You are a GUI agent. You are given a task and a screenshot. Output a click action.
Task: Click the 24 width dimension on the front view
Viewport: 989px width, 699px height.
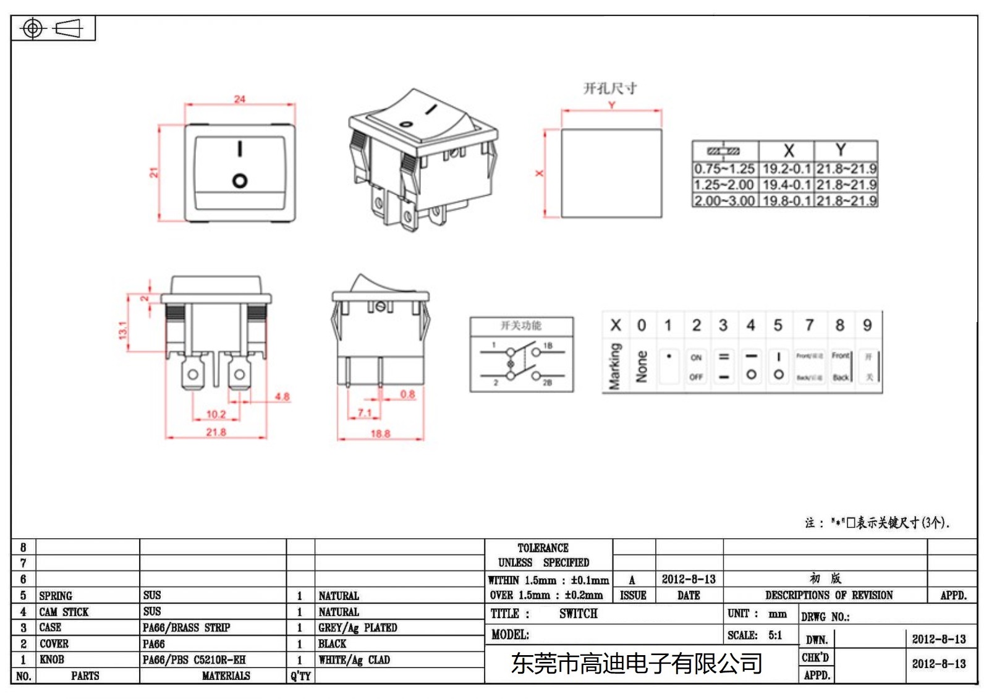point(239,99)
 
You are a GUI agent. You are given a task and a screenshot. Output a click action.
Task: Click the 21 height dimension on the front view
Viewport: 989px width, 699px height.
point(154,172)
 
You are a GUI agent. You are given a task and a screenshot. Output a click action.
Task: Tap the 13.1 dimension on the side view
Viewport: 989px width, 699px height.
point(122,330)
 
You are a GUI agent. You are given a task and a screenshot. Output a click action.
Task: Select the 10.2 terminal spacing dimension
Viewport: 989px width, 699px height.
point(216,414)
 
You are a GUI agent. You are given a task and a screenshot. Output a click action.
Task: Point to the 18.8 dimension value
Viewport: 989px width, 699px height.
point(380,434)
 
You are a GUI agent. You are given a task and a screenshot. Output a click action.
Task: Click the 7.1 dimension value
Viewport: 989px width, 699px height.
point(365,412)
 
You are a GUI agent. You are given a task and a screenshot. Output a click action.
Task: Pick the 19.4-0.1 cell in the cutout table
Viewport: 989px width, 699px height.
point(786,185)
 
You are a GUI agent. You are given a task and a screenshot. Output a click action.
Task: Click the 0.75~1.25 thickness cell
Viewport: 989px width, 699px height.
point(724,169)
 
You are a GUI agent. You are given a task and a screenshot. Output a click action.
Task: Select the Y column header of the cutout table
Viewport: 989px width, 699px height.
point(841,150)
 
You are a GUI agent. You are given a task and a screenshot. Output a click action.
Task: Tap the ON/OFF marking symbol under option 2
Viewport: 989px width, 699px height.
point(696,367)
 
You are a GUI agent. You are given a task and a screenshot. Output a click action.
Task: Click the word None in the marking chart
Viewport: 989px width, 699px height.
point(642,366)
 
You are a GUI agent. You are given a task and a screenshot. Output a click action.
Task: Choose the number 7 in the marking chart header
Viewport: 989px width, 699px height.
point(809,325)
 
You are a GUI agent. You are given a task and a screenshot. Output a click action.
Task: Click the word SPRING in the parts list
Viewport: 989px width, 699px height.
point(56,596)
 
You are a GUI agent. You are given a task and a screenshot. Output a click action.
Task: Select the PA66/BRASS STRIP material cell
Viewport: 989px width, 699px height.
point(186,628)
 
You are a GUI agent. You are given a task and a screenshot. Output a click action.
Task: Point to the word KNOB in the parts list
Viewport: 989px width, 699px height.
point(52,659)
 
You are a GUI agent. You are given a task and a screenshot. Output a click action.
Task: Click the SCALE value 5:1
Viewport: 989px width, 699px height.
point(775,635)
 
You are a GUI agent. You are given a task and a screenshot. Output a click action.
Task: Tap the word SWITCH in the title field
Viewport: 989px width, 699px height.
point(578,614)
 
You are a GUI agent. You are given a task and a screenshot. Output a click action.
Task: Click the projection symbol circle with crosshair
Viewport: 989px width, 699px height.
point(33,28)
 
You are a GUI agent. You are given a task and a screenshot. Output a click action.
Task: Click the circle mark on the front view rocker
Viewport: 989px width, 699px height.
point(240,180)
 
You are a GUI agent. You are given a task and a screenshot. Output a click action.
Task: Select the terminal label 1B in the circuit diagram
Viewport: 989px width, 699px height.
point(548,345)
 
